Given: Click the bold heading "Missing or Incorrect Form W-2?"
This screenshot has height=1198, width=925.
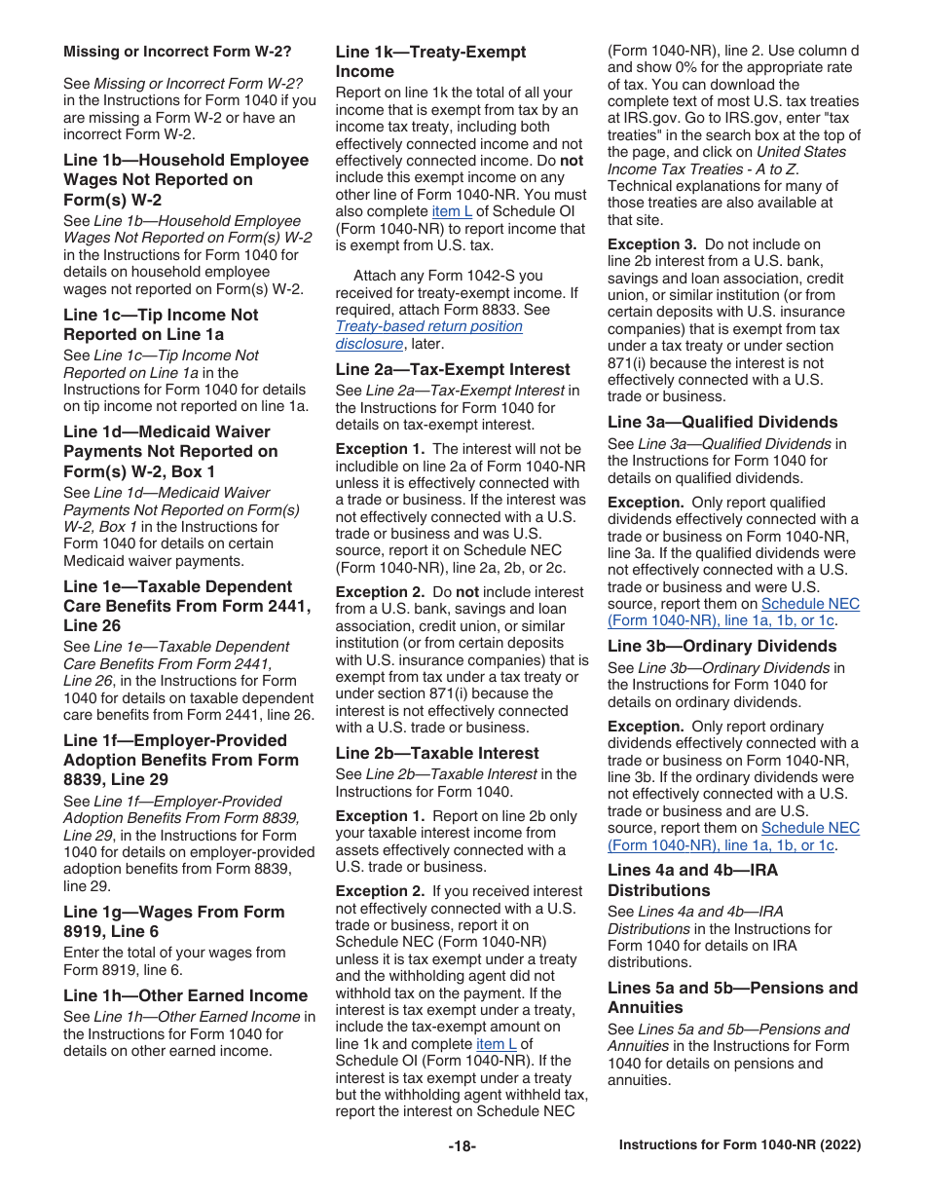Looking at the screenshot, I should point(176,52).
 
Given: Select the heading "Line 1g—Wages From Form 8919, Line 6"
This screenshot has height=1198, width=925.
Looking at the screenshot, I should point(173,921).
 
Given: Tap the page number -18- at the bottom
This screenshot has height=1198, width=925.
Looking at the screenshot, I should point(462,1146).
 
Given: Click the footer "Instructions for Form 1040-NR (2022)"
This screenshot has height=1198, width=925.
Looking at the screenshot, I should point(739,1146).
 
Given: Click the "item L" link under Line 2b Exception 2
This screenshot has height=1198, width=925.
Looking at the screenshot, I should point(497,1044).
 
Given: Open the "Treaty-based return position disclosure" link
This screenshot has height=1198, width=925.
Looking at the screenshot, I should point(428,335).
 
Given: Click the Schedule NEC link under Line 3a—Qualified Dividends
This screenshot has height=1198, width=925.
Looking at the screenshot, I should point(733,613).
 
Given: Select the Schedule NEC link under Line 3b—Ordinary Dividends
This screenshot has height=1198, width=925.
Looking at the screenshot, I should point(733,837).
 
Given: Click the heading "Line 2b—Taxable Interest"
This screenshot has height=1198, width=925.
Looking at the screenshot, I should point(436,753).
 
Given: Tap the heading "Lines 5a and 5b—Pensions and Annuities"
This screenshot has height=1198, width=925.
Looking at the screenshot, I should point(732,997).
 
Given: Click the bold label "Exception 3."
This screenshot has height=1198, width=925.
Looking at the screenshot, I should point(651,244).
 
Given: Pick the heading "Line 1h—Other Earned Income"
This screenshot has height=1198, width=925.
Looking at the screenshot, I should point(185,995).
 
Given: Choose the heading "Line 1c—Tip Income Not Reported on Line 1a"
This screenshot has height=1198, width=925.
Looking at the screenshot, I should point(161,324).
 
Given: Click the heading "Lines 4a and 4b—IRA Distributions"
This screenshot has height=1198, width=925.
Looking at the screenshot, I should point(692,880).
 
